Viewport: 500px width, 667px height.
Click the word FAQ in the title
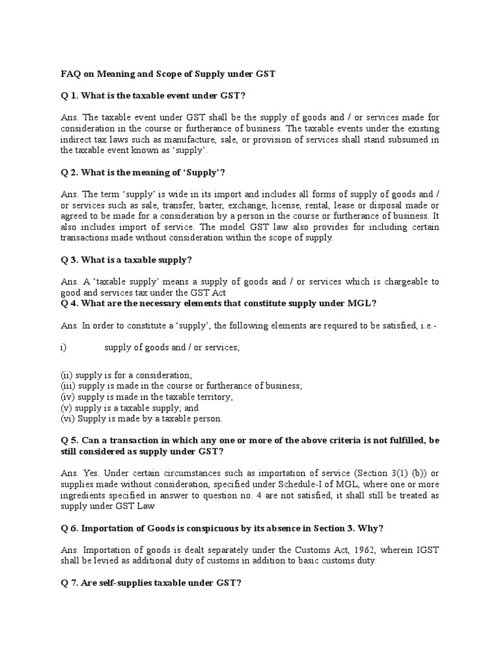coord(63,74)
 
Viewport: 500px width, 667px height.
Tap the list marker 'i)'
coord(63,348)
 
